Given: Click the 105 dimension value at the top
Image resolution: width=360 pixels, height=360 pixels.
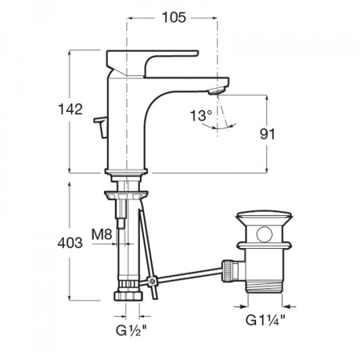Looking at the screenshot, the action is coord(174,18).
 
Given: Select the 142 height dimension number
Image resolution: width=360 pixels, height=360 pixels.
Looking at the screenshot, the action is coord(70,110).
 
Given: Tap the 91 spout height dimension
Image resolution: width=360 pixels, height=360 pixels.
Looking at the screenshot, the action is coord(267,134).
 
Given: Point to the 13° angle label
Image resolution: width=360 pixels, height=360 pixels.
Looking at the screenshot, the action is coord(201,115).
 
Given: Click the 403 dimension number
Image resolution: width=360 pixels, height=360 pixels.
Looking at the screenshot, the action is coord(70,243).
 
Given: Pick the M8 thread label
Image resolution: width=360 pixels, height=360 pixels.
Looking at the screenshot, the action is coord(102,234).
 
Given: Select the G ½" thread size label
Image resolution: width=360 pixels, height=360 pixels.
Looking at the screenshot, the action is coord(131,330).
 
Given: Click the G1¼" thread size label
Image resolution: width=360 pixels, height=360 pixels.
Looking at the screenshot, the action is coord(266,320).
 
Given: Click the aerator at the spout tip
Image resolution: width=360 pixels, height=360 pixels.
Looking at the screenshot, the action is coord(216,90).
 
